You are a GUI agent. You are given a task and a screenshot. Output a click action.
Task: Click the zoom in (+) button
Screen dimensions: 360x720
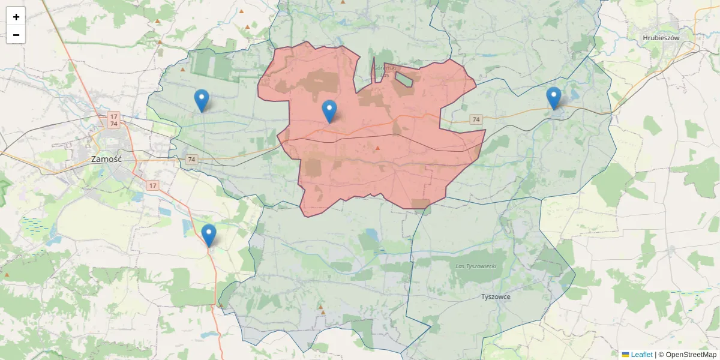(16, 17)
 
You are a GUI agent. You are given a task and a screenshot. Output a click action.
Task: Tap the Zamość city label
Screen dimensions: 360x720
(106, 160)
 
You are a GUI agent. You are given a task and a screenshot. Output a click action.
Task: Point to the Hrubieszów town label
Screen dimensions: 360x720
(661, 37)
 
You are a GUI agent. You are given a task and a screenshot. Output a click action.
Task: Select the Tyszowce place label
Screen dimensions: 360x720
(496, 296)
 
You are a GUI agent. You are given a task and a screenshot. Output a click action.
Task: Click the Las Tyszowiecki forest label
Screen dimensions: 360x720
(476, 265)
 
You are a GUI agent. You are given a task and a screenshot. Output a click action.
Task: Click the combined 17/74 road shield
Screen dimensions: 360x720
(113, 120)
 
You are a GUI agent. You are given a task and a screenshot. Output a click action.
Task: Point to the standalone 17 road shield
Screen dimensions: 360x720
(152, 185)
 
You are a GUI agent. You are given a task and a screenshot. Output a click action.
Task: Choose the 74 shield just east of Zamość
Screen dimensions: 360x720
(191, 159)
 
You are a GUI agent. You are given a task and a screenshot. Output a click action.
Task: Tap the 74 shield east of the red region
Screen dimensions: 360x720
(476, 119)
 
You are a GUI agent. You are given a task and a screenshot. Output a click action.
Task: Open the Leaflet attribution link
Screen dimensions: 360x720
(641, 355)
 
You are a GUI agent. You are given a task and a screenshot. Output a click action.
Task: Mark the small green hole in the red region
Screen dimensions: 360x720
(404, 79)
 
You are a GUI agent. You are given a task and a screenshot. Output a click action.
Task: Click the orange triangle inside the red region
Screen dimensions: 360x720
(377, 148)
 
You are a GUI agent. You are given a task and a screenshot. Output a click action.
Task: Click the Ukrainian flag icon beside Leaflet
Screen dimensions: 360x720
(625, 355)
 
